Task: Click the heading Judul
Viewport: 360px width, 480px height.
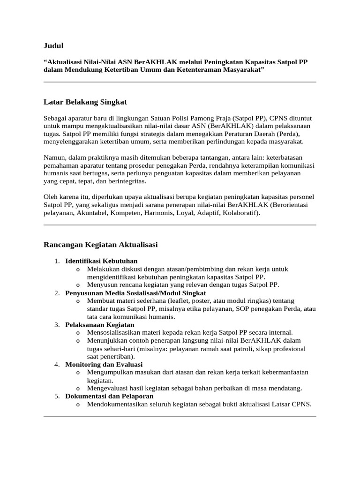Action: (53, 45)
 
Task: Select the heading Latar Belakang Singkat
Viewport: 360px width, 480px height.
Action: (85, 102)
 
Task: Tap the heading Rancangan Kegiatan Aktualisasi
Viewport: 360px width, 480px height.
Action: (100, 245)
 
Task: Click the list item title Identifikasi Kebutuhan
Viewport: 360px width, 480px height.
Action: (101, 261)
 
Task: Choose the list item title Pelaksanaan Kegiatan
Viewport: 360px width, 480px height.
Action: (99, 324)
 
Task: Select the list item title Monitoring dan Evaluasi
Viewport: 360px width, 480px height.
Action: (104, 364)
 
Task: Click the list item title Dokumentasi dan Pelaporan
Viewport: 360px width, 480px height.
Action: (109, 396)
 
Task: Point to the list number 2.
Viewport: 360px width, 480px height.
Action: (56, 293)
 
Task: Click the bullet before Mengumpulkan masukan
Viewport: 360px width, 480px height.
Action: (77, 373)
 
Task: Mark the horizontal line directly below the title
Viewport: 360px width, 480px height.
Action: (180, 82)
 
